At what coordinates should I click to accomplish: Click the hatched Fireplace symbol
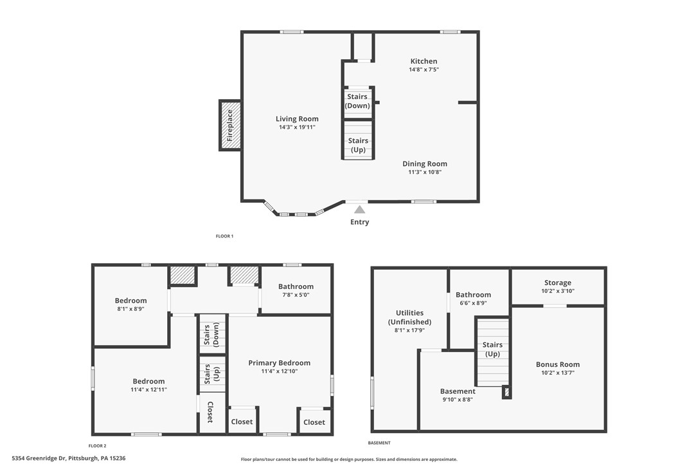229,125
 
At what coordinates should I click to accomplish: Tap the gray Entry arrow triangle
360,209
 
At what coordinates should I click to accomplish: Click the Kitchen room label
424,61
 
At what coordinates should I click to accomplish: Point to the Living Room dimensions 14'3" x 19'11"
297,127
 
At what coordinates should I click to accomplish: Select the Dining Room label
424,163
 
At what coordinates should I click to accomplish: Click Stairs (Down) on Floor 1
358,101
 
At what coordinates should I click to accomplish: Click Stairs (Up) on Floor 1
358,145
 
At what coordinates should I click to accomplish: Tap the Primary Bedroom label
279,363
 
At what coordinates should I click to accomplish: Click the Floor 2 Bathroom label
296,286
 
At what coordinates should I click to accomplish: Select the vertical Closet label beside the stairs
210,412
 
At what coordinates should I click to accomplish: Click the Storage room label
557,283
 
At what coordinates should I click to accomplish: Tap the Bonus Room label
557,364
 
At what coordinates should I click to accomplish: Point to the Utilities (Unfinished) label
409,317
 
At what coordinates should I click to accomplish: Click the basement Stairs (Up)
492,349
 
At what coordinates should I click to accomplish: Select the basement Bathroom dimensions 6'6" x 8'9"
473,303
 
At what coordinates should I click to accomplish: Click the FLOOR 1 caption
224,236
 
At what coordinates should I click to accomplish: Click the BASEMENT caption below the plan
379,443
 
